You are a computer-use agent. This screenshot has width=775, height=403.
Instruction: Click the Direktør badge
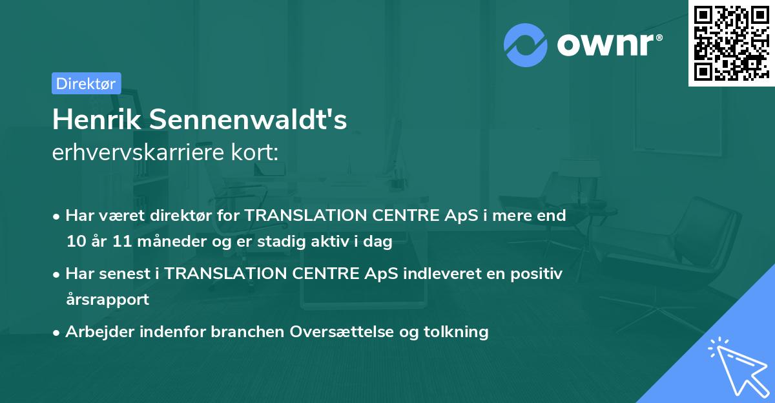tap(86, 83)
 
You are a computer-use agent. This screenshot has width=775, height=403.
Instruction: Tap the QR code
tap(730, 43)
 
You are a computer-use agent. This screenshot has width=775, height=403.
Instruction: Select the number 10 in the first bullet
tap(74, 242)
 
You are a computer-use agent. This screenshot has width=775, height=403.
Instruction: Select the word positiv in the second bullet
tap(539, 273)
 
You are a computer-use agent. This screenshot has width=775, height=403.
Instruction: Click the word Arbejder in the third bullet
tap(96, 332)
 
